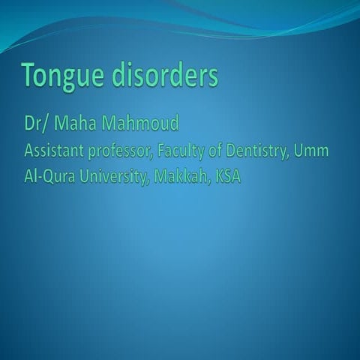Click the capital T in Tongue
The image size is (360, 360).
(27, 75)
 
